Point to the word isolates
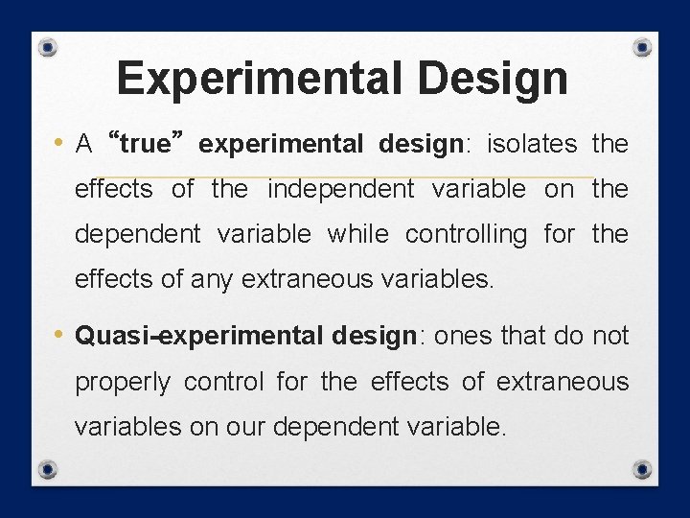pyautogui.click(x=532, y=144)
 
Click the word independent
pyautogui.click(x=340, y=189)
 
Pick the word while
pyautogui.click(x=358, y=234)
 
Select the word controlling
pyautogui.click(x=466, y=234)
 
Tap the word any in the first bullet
pyautogui.click(x=217, y=279)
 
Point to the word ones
pyautogui.click(x=468, y=336)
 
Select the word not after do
pyautogui.click(x=609, y=336)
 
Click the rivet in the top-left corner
pyautogui.click(x=49, y=47)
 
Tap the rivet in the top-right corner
pyautogui.click(x=643, y=47)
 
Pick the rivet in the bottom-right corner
pyautogui.click(x=643, y=469)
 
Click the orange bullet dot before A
pyautogui.click(x=59, y=144)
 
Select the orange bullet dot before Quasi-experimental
pyautogui.click(x=59, y=336)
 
